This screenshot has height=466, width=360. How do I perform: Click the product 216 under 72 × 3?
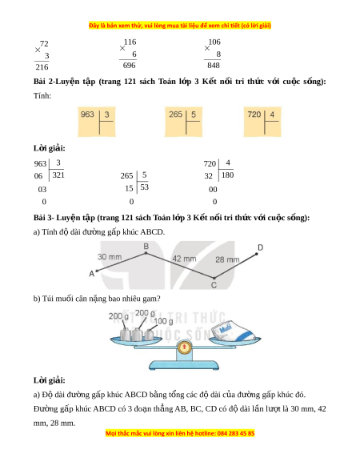tap(42, 67)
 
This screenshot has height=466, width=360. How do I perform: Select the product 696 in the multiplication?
tap(130, 65)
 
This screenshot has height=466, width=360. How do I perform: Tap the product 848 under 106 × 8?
tap(214, 65)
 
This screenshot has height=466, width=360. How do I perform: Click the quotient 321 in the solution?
tap(58, 175)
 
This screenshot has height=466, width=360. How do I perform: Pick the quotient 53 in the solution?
tap(144, 187)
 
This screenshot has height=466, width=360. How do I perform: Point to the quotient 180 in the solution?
tap(227, 175)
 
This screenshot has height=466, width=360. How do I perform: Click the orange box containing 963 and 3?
tap(97, 122)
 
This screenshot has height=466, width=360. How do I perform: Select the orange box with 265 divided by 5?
tap(183, 122)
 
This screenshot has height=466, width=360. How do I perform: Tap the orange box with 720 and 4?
tap(262, 122)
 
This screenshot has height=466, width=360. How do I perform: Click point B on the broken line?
tap(146, 253)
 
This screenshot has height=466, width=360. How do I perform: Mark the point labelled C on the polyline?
tap(214, 278)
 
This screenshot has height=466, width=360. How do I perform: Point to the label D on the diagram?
tap(260, 247)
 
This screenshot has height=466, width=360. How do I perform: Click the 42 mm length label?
tap(184, 259)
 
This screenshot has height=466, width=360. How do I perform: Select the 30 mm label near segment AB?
tap(110, 257)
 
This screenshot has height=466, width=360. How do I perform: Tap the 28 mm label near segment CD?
tap(227, 259)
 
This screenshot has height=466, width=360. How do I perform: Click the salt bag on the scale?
tap(233, 331)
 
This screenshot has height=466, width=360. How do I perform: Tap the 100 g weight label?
tap(163, 321)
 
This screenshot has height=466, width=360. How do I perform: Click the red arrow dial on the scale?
tap(184, 347)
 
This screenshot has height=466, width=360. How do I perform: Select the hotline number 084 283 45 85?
tap(236, 433)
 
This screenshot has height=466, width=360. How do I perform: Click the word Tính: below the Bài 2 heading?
tap(42, 96)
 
